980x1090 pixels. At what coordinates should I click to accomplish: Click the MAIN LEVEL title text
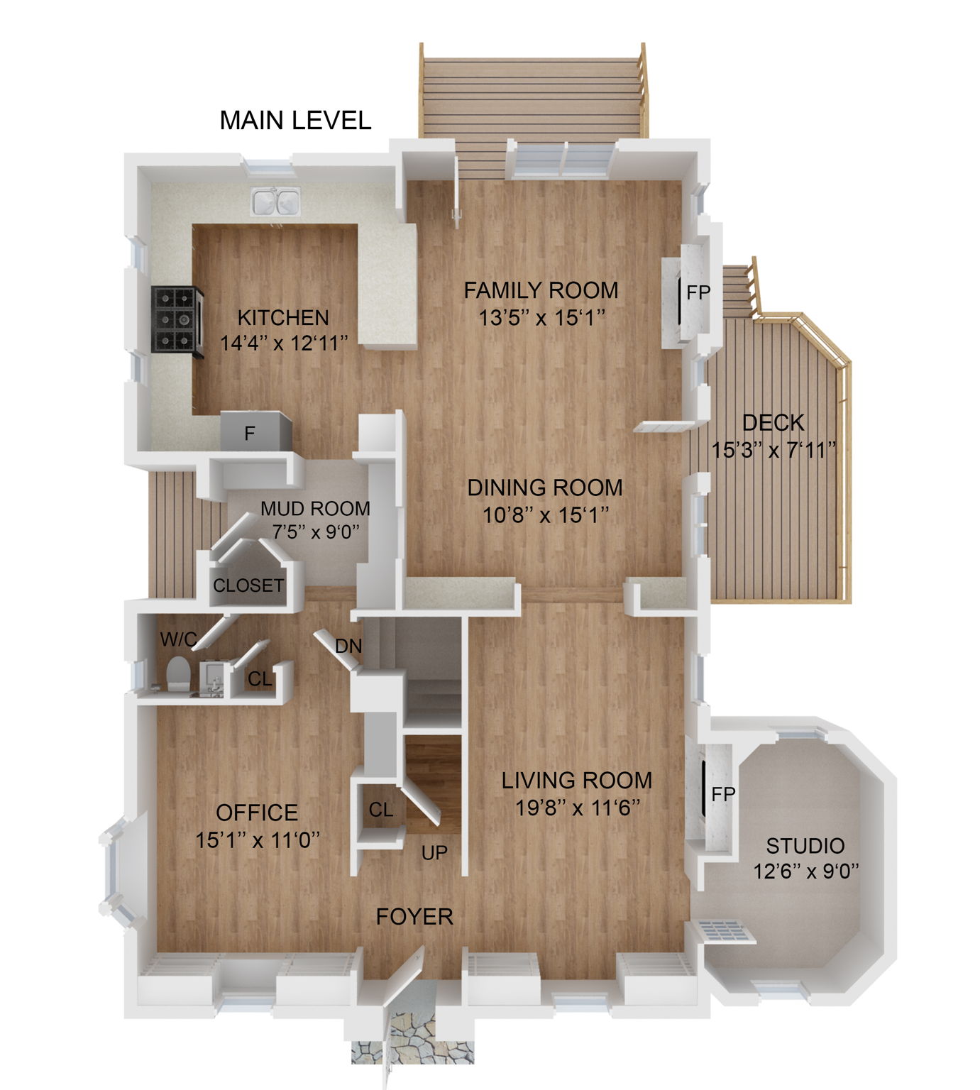(x=295, y=120)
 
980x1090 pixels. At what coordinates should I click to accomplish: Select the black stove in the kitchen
(x=176, y=319)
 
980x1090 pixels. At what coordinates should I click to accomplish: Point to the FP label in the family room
(x=698, y=292)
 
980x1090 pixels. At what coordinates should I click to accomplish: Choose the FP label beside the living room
(x=723, y=794)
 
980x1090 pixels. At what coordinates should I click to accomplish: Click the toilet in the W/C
(x=177, y=673)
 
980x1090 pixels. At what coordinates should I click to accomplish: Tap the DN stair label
(x=348, y=646)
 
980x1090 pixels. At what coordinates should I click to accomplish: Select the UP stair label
(x=434, y=852)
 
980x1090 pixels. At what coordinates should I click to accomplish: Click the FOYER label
(x=414, y=916)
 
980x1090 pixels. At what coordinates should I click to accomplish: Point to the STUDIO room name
(x=805, y=845)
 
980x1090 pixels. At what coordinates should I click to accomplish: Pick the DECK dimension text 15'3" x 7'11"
(x=773, y=450)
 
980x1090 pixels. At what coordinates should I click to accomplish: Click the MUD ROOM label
(x=315, y=508)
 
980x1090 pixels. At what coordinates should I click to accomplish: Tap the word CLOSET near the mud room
(x=248, y=585)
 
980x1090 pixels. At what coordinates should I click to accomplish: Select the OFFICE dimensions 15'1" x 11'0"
(x=258, y=840)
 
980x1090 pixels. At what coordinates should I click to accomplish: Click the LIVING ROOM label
(x=577, y=780)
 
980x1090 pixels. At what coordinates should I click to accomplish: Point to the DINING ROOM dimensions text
(x=545, y=514)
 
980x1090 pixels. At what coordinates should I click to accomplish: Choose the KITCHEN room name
(x=283, y=316)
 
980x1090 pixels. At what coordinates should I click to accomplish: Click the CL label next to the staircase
(x=381, y=809)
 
